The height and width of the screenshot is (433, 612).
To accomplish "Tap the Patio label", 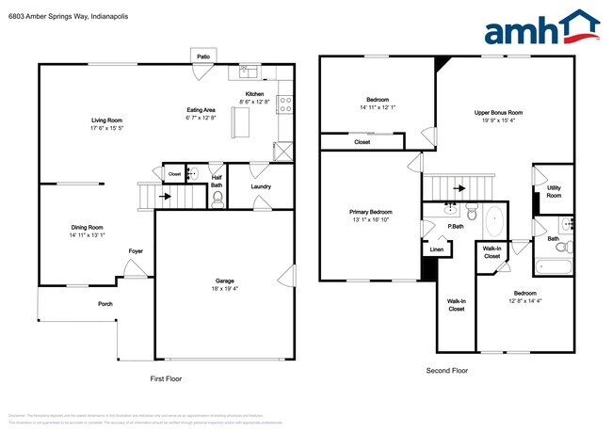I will pos(203,57).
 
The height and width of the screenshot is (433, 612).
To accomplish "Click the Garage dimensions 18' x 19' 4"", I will pos(225,288).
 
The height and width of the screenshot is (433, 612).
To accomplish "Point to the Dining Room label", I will pos(88,227).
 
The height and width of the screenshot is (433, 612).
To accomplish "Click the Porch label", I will pos(105,304).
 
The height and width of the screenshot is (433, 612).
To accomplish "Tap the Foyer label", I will pos(137,251).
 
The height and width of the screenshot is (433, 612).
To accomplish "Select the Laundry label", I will pos(261,185).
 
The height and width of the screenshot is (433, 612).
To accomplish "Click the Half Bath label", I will pos(217,181).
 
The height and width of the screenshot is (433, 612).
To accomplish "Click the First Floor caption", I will pos(166,378).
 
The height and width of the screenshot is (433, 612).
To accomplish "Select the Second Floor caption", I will pos(447,371).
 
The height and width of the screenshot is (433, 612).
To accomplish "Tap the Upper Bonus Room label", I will pos(498,112).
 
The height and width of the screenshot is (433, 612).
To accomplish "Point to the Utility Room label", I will pos(555,191).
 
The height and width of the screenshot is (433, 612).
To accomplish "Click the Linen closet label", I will pos(436,249).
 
